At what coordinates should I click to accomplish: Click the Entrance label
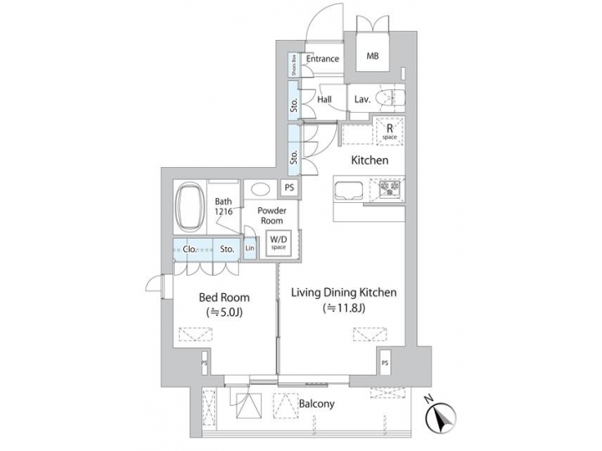click(322, 58)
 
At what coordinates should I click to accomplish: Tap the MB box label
click(372, 58)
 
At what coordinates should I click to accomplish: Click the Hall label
click(325, 99)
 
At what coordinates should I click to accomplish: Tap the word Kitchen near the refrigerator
click(369, 160)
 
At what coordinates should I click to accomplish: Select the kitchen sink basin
click(349, 190)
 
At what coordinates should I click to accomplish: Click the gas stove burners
click(390, 190)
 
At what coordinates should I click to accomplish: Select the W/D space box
click(278, 243)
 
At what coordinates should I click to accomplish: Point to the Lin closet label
click(250, 249)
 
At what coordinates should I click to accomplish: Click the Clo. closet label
click(191, 248)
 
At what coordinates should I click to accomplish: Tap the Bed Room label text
click(222, 297)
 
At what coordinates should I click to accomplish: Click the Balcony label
click(317, 404)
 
